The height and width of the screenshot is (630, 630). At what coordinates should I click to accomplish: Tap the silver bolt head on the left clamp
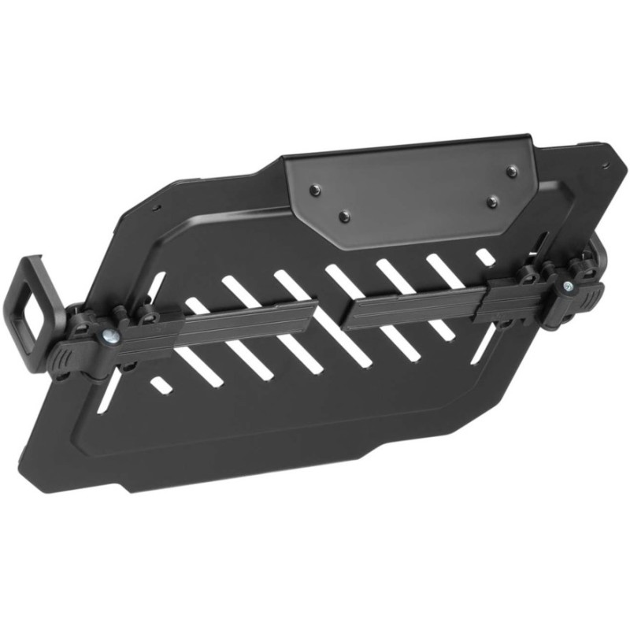point(108,337)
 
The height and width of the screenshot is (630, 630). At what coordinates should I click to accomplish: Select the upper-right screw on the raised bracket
point(511,169)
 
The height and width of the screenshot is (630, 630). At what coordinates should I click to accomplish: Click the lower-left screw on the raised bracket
point(343,214)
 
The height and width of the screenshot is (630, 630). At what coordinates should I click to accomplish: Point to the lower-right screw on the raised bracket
point(492,202)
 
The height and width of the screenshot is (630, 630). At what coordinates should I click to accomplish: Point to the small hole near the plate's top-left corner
point(157,209)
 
